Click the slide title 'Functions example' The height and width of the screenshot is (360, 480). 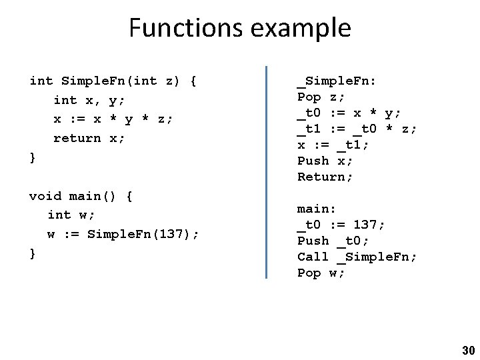click(239, 28)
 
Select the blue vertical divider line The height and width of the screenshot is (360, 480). click(266, 171)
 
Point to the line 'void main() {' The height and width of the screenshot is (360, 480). click(81, 196)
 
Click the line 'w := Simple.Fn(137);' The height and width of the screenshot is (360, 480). click(123, 234)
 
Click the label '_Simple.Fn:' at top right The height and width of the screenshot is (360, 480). click(337, 81)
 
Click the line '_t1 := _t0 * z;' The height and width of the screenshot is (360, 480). click(357, 129)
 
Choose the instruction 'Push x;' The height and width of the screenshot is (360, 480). click(325, 161)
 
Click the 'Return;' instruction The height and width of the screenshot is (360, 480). click(325, 177)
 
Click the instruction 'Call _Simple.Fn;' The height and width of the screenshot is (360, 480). click(357, 257)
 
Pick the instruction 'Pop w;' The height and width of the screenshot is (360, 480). click(321, 273)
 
